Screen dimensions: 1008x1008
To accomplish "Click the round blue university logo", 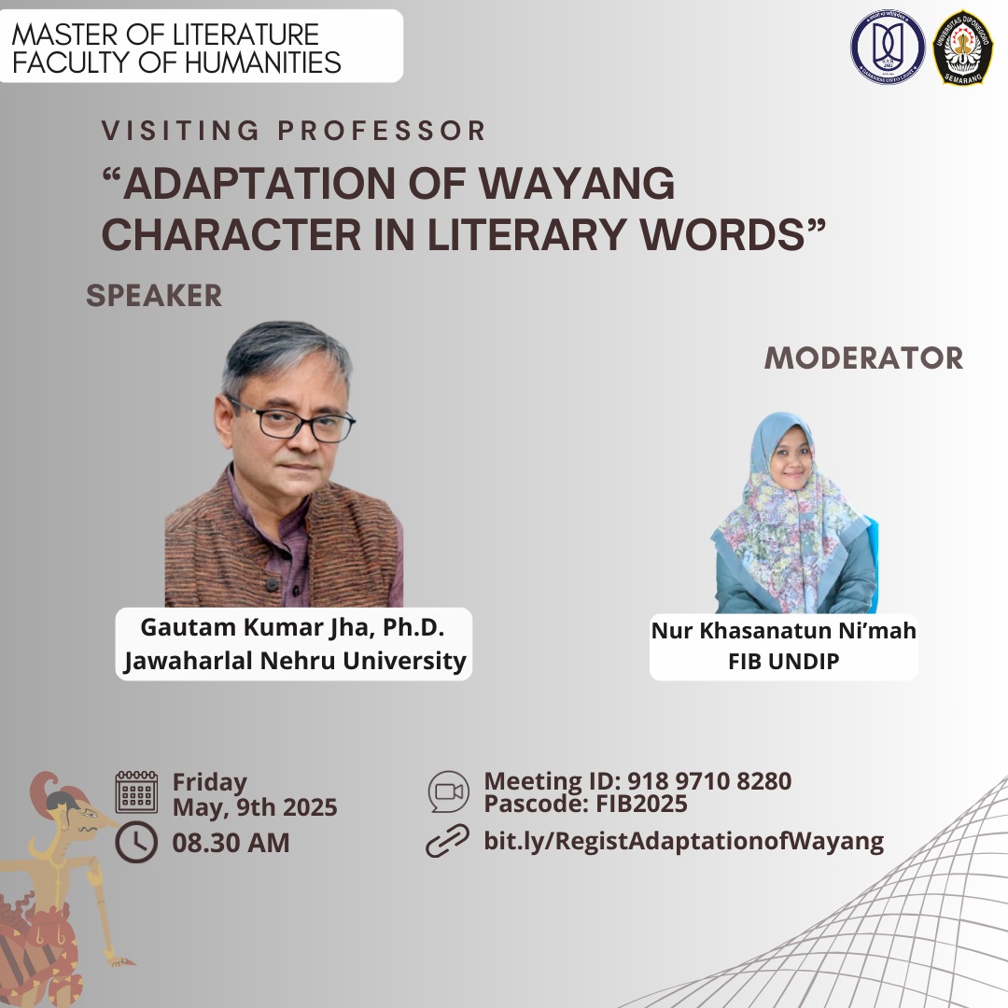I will pyautogui.click(x=887, y=47).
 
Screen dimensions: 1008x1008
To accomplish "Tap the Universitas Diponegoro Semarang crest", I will pyautogui.click(x=962, y=47).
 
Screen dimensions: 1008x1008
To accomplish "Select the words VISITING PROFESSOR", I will pyautogui.click(x=295, y=131).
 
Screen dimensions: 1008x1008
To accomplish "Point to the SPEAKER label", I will pyautogui.click(x=154, y=296).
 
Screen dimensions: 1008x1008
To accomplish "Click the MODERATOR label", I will pyautogui.click(x=863, y=357).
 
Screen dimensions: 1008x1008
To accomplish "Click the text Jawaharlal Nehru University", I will pyautogui.click(x=295, y=661).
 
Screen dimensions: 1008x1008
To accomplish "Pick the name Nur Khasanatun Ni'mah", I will pyautogui.click(x=783, y=631).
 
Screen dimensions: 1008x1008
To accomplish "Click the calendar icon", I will pyautogui.click(x=136, y=792).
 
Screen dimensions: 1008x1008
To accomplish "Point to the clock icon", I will pyautogui.click(x=136, y=842).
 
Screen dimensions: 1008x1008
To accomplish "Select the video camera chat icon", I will pyautogui.click(x=449, y=791).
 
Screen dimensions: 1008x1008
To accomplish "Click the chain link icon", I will pyautogui.click(x=448, y=841).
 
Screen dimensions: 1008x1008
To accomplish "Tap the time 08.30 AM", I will pyautogui.click(x=231, y=842).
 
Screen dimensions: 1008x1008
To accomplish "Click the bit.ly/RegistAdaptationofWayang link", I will pyautogui.click(x=683, y=841).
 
